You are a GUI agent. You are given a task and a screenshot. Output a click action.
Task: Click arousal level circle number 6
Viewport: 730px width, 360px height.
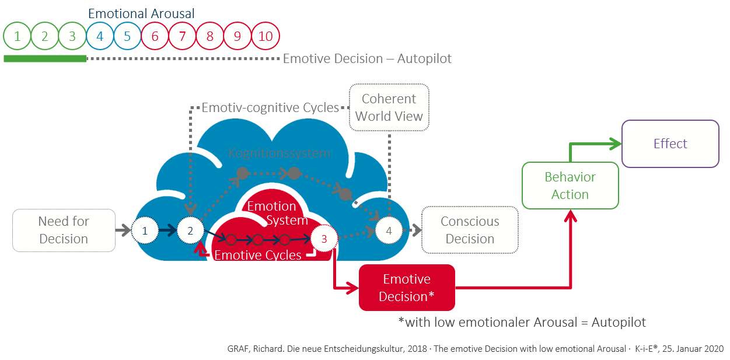coord(155,36)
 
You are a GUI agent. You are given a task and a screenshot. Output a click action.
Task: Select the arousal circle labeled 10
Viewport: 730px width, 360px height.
coord(266,36)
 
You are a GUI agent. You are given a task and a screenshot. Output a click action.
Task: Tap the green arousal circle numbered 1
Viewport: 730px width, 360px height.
coord(18,36)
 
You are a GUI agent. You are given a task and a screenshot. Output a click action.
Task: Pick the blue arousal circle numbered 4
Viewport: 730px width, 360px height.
coord(100,36)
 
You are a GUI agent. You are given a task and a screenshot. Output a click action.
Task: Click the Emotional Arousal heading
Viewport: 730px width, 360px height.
coord(141,13)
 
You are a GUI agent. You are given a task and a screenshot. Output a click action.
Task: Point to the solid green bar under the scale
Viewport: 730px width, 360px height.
coord(45,58)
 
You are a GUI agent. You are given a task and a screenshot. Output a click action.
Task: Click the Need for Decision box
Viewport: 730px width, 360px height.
coord(64,230)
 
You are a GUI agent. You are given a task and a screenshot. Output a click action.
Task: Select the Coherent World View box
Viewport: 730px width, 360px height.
coord(389,107)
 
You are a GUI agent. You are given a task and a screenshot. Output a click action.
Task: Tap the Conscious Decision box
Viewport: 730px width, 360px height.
coord(470,230)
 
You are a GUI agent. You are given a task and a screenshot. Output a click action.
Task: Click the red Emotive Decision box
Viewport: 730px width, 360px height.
coord(407,288)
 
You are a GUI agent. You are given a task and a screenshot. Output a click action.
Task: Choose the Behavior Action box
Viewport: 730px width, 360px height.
coord(570,186)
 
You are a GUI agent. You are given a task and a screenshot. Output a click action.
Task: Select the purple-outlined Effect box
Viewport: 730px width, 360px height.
coord(670,144)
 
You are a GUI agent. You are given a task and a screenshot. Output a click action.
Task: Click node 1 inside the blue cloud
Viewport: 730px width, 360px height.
coord(145,230)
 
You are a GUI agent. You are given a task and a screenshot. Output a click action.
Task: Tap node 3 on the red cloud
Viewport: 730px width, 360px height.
coord(324,238)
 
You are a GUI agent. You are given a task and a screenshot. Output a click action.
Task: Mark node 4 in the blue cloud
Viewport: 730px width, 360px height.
coord(389,230)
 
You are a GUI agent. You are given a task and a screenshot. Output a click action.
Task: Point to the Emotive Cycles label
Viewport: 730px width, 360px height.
coord(258,255)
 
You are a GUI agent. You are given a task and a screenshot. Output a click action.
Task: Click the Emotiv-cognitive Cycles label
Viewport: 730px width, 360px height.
coord(270,107)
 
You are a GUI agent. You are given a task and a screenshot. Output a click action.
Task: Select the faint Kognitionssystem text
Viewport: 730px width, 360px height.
coord(280,153)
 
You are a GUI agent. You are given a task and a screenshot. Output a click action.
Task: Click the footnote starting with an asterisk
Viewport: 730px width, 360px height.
coord(522,322)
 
